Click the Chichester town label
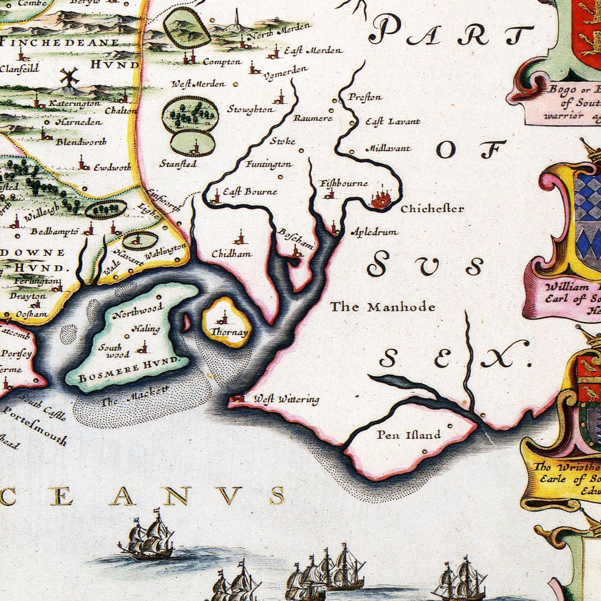click(432, 208)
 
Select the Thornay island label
click(229, 332)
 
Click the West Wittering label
click(286, 399)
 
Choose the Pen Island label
click(408, 435)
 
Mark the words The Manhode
click(382, 307)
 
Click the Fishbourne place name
click(343, 183)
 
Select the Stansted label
click(178, 164)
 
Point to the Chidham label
click(231, 254)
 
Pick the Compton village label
click(222, 62)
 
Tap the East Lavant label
click(393, 122)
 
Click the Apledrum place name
click(374, 232)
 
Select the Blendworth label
click(81, 142)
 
